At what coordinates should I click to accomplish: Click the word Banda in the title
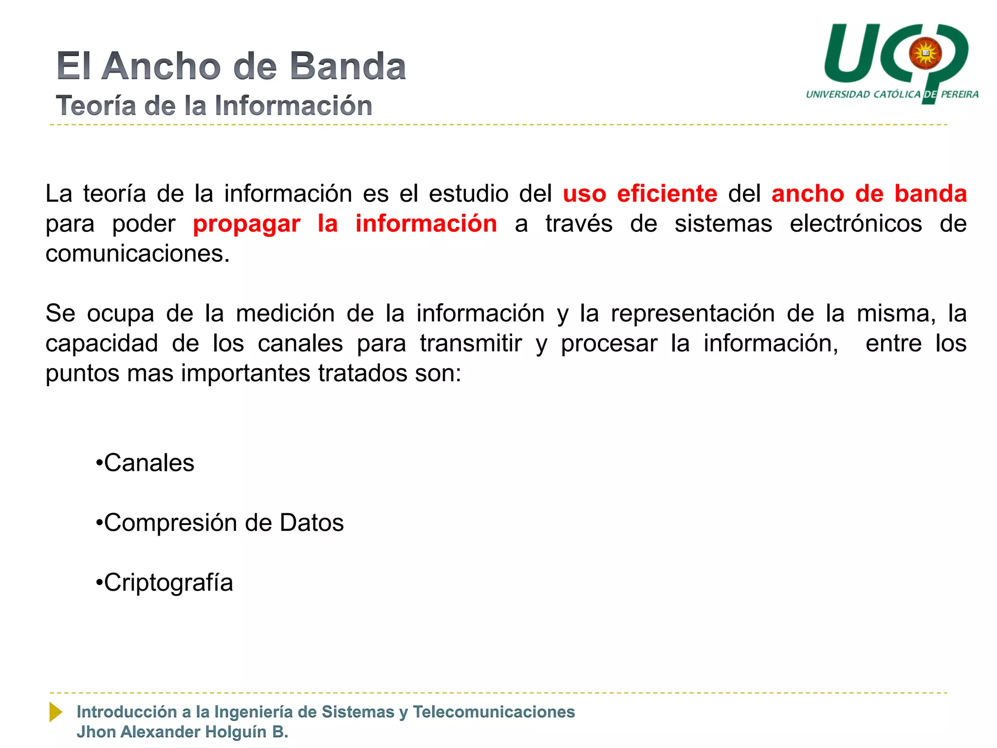pyautogui.click(x=348, y=66)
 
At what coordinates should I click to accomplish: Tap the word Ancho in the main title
pyautogui.click(x=161, y=66)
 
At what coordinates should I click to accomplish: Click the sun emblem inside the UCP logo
pyautogui.click(x=925, y=53)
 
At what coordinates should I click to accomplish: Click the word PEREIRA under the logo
pyautogui.click(x=960, y=94)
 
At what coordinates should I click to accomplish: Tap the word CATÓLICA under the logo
pyautogui.click(x=897, y=94)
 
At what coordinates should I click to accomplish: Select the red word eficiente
pyautogui.click(x=667, y=193)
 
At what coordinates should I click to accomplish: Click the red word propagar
pyautogui.click(x=246, y=224)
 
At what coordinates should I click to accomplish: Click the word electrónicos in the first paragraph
pyautogui.click(x=855, y=224)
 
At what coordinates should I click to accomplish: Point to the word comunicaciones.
pyautogui.click(x=137, y=254)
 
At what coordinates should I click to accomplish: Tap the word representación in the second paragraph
pyautogui.click(x=693, y=313)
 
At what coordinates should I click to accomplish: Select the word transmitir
pyautogui.click(x=471, y=343)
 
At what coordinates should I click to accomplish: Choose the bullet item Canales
pyautogui.click(x=148, y=463)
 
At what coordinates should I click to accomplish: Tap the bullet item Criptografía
pyautogui.click(x=168, y=582)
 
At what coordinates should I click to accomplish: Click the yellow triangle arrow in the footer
pyautogui.click(x=56, y=712)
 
